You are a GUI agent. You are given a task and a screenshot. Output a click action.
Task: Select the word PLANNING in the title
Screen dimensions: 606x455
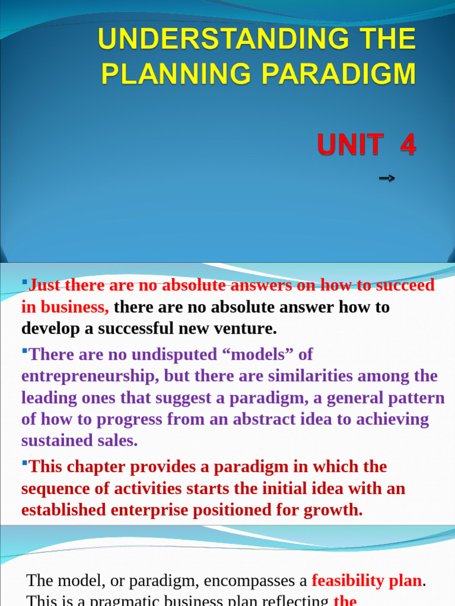(x=177, y=75)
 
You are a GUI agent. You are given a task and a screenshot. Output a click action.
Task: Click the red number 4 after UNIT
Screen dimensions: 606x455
(x=408, y=144)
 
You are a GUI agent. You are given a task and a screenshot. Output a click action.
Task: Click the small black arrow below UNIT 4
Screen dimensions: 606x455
(x=386, y=178)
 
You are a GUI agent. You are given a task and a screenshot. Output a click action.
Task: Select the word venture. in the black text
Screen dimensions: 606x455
(x=247, y=328)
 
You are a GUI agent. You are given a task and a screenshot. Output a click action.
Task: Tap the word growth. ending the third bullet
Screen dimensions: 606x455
(x=333, y=510)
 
